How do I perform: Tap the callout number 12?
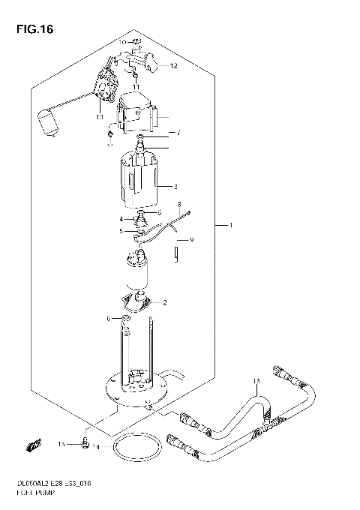(x=173, y=66)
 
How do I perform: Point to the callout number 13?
(x=99, y=117)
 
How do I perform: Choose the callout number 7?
(x=178, y=133)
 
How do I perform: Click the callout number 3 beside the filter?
(x=175, y=186)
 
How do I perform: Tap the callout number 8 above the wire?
(x=179, y=203)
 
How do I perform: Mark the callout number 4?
(x=121, y=218)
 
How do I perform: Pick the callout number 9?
(x=191, y=240)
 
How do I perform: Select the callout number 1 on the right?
(x=232, y=225)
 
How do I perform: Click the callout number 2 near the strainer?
(x=165, y=303)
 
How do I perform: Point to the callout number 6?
(x=108, y=319)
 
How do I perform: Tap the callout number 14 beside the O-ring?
(x=97, y=447)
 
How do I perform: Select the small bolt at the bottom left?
(x=85, y=445)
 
